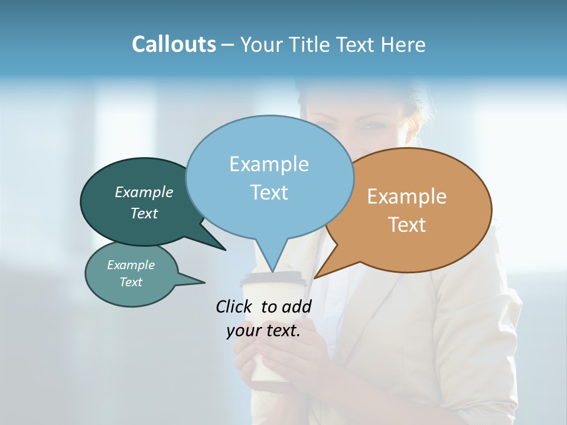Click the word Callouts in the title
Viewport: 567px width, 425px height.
point(174,44)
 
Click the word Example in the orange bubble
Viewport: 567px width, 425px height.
point(407,197)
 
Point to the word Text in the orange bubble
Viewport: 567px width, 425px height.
point(407,225)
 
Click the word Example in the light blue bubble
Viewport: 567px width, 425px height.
point(269,164)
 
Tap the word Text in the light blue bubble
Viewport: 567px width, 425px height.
point(269,192)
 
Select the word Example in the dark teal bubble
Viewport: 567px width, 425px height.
point(144,192)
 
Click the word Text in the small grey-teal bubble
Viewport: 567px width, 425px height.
point(131,282)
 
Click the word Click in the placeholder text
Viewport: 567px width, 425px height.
point(234,306)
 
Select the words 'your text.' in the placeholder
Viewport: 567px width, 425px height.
point(263,331)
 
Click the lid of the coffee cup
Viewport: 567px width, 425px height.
point(273,279)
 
